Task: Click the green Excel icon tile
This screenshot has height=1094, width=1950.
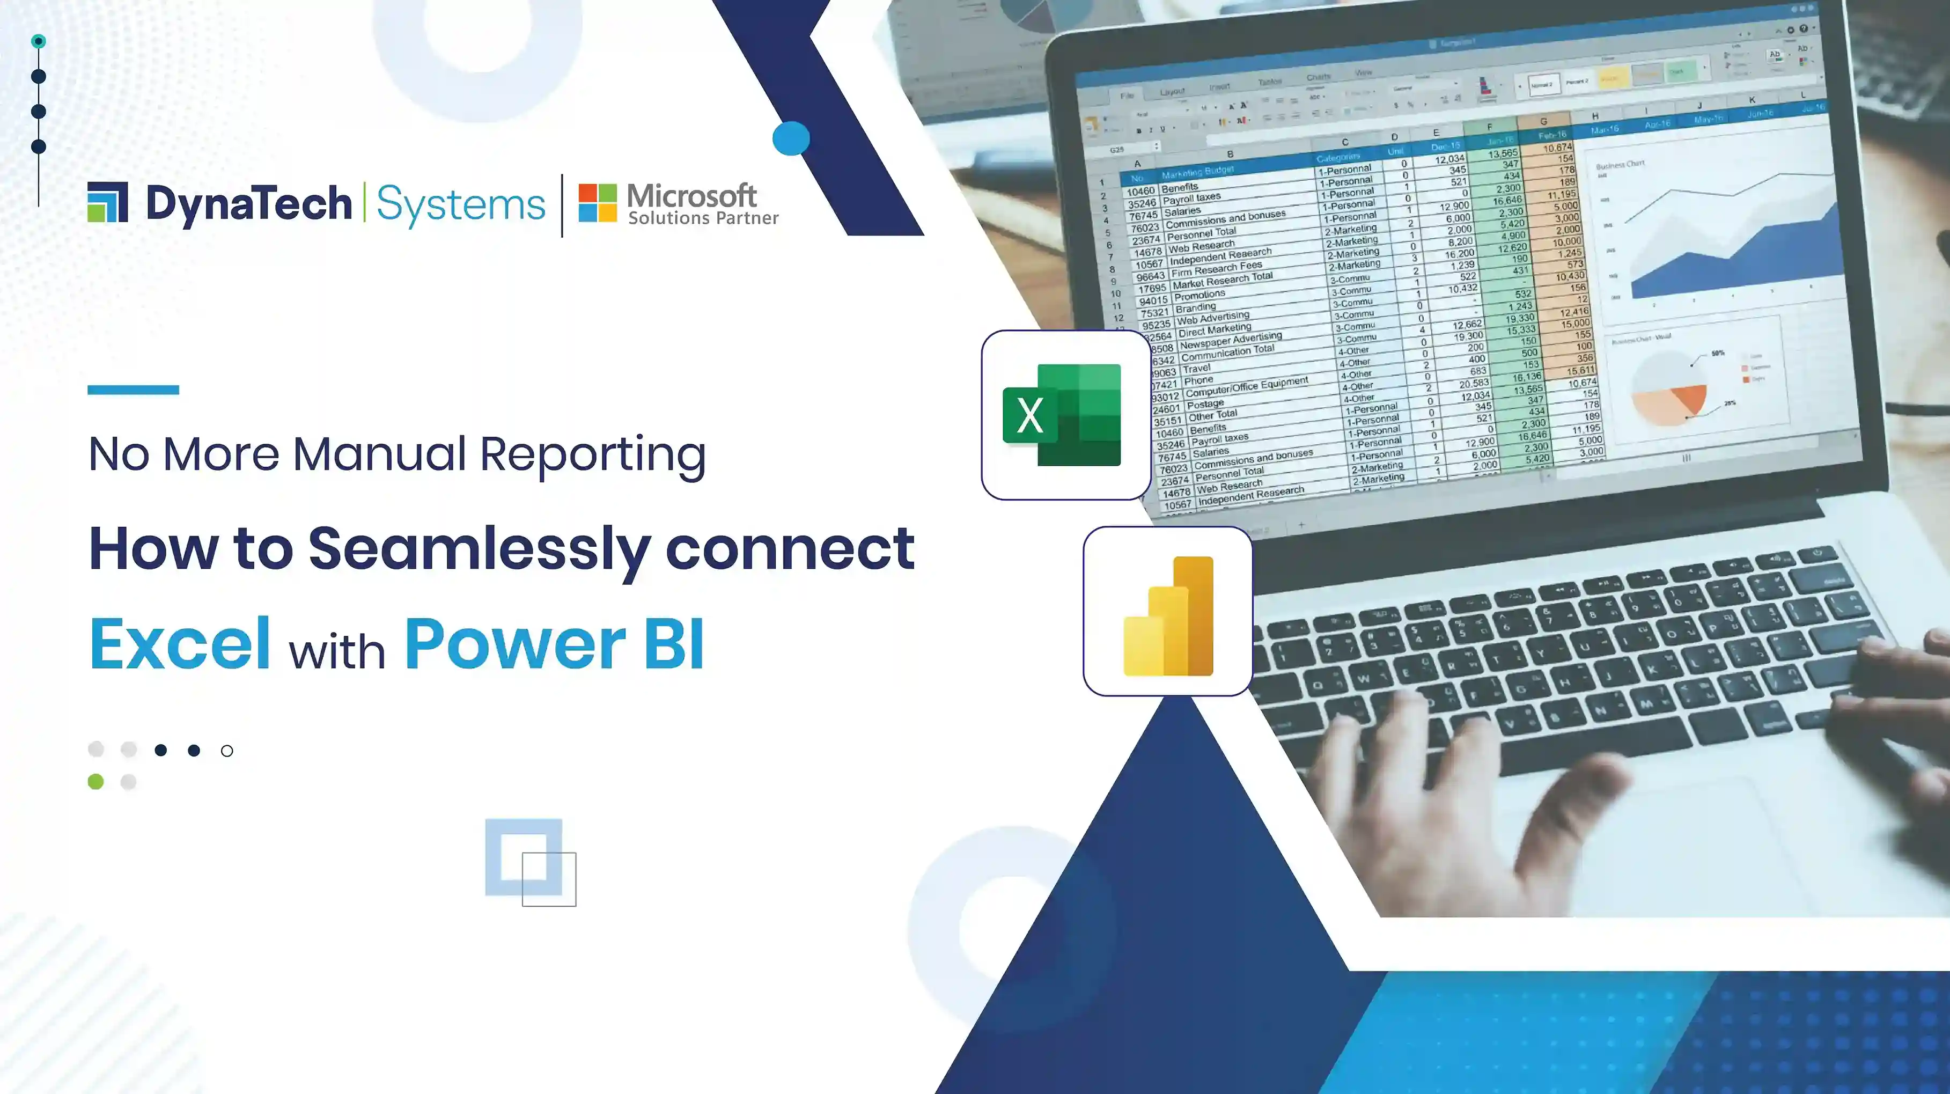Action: [x=1066, y=415]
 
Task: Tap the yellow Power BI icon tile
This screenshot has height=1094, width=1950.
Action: [x=1168, y=612]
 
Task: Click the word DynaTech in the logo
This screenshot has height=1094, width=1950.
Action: [x=249, y=204]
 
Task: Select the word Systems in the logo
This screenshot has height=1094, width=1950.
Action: [x=460, y=204]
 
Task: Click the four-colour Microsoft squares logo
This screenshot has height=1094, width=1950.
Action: [x=597, y=202]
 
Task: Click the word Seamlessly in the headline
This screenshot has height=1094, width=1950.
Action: [x=479, y=548]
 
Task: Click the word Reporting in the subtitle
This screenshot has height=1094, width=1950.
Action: [x=593, y=454]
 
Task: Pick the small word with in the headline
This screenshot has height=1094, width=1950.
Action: [x=337, y=651]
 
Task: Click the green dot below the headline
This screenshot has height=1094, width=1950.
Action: [x=95, y=781]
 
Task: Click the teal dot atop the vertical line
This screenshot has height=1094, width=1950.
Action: [x=39, y=41]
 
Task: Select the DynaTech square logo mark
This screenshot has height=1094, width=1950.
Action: [x=107, y=202]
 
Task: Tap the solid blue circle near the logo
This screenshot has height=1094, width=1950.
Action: [x=791, y=138]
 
